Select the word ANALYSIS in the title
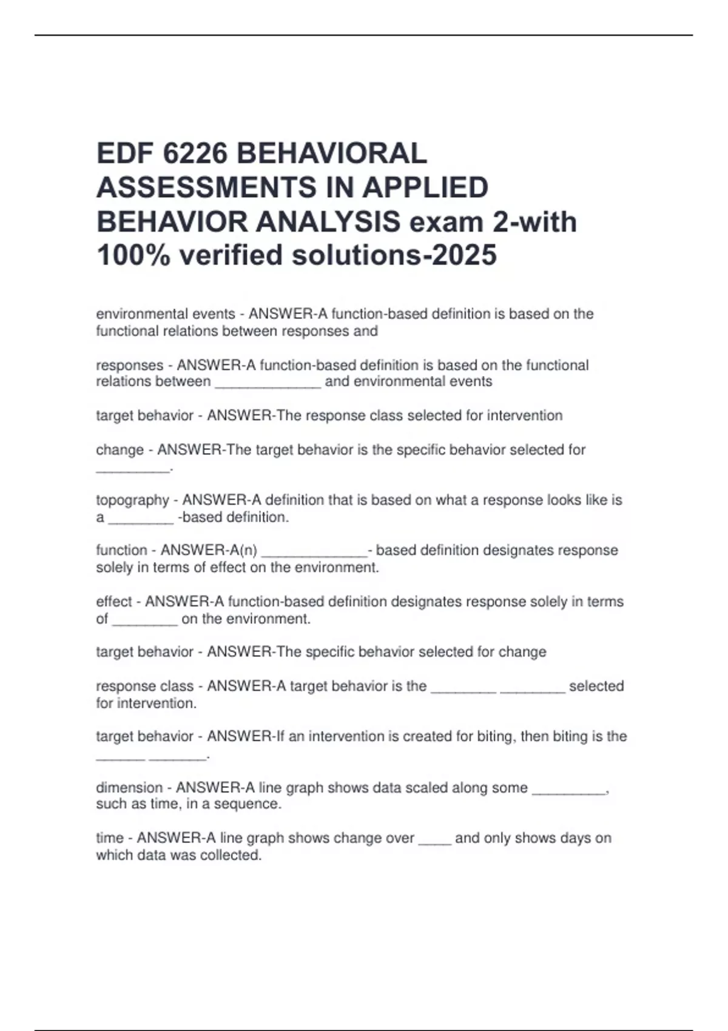[328, 221]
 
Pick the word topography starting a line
[132, 500]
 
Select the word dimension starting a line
[129, 788]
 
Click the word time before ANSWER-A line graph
[110, 838]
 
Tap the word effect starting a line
[114, 602]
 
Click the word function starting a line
[121, 550]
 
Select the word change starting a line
[120, 450]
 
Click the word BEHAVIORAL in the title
[331, 153]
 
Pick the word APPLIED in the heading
[425, 187]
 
